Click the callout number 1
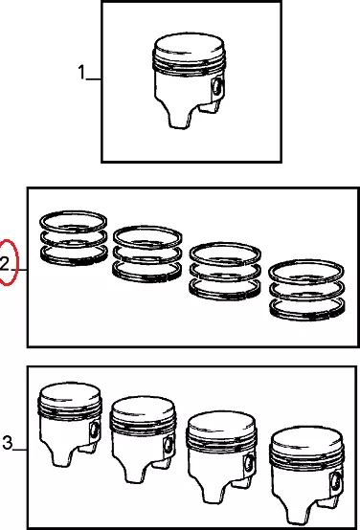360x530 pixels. click(x=81, y=73)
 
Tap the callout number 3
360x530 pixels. click(x=8, y=442)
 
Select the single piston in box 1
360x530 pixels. click(x=189, y=80)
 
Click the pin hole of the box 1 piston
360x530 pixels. click(x=216, y=87)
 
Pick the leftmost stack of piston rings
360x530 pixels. click(x=74, y=238)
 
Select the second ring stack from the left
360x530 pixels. click(x=147, y=254)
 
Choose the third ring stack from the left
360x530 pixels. click(x=225, y=271)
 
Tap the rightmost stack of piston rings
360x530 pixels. click(x=306, y=290)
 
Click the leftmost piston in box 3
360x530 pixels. click(x=70, y=424)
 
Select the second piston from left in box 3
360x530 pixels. click(x=143, y=439)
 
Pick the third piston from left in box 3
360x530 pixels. click(x=221, y=456)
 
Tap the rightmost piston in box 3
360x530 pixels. click(x=307, y=475)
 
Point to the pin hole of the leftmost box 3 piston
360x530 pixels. click(x=94, y=430)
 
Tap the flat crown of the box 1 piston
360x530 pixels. click(x=190, y=45)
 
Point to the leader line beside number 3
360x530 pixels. click(x=21, y=451)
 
